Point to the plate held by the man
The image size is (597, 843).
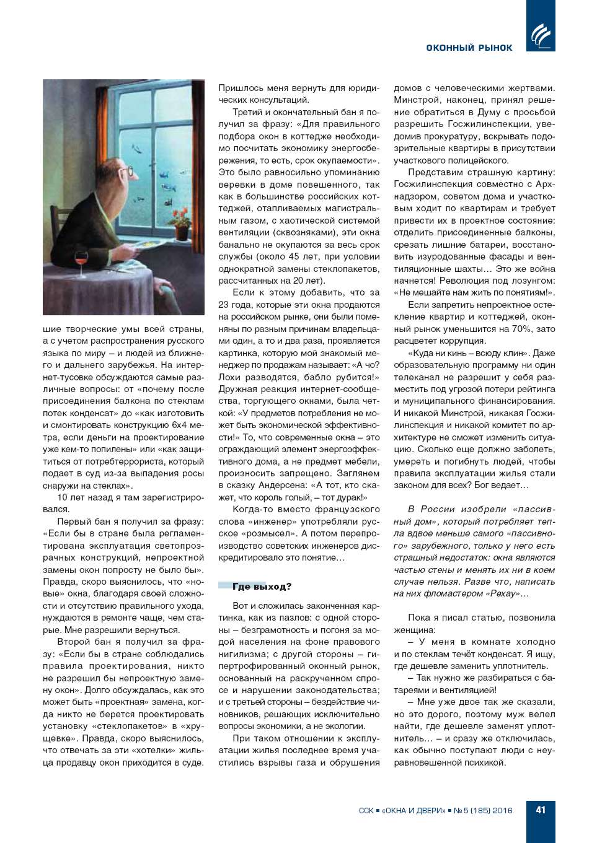(144, 245)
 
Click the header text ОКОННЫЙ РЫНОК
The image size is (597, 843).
(469, 48)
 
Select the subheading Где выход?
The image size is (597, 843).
(262, 587)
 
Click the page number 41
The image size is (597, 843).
(541, 810)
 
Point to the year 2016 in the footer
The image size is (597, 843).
(502, 810)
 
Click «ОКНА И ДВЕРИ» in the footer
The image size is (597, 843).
(413, 810)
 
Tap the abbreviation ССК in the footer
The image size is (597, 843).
(366, 810)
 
